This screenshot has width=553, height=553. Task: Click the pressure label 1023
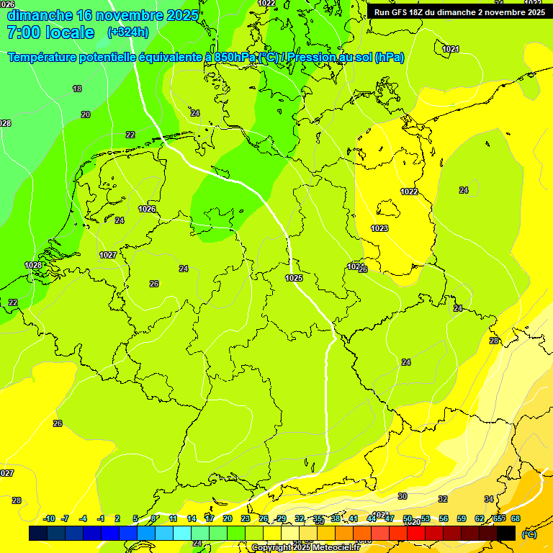[x=379, y=228]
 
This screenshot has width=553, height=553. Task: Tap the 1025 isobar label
[x=294, y=278]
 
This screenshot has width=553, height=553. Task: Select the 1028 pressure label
[x=33, y=265]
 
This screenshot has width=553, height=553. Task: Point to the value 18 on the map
[x=77, y=89]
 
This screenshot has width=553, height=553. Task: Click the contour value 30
[x=403, y=496]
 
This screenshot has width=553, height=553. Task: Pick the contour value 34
[x=489, y=499]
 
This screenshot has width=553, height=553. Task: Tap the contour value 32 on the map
[x=443, y=499]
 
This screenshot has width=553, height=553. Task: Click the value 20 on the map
[x=86, y=114]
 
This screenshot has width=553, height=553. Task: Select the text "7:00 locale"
[x=50, y=32]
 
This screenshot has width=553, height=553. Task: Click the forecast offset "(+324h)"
[x=128, y=32]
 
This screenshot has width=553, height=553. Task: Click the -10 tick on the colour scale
[x=49, y=518]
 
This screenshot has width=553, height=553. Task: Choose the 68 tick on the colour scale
[x=516, y=518]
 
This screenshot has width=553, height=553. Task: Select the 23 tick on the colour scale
[x=246, y=518]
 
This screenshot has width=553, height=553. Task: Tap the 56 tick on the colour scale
[x=444, y=518]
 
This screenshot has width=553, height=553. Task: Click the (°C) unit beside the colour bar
[x=529, y=534]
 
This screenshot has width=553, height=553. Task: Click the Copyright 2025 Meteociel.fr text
[x=305, y=548]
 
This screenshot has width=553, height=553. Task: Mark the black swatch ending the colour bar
[x=506, y=533]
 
